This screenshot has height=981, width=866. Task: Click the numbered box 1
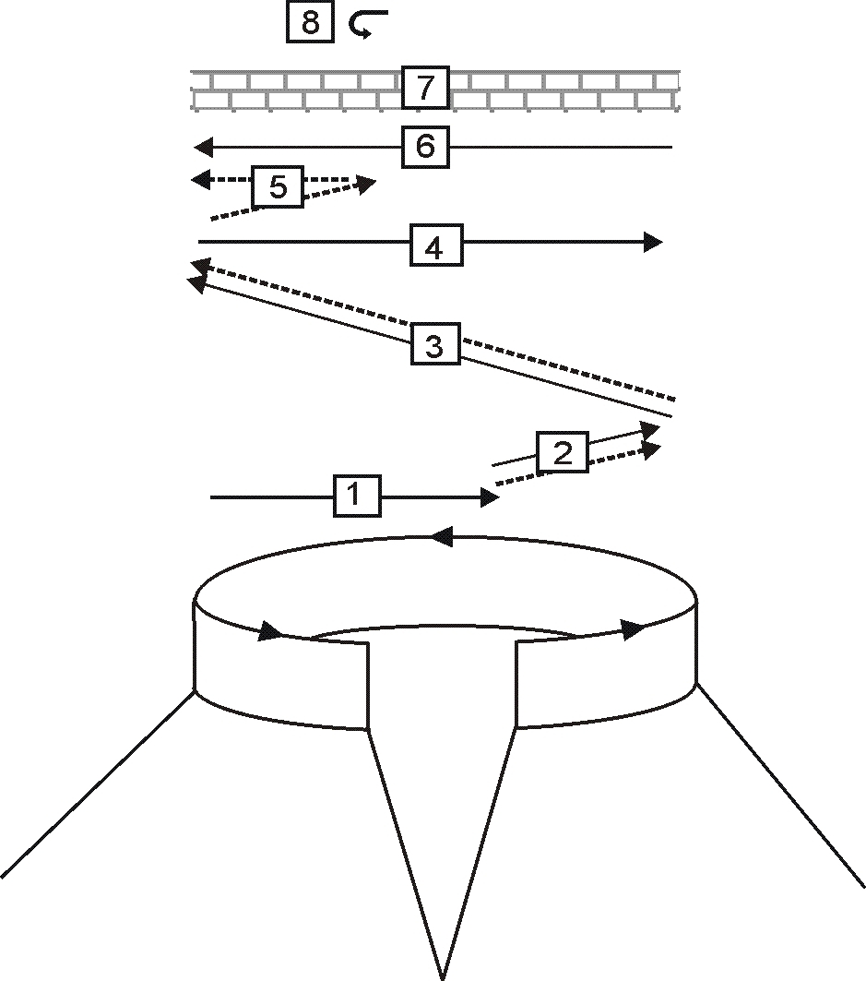pyautogui.click(x=357, y=496)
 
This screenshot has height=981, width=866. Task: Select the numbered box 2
pyautogui.click(x=562, y=452)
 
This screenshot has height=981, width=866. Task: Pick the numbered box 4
pyautogui.click(x=435, y=246)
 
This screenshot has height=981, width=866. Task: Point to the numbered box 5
pyautogui.click(x=278, y=187)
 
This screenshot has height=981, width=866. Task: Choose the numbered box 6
pyautogui.click(x=425, y=147)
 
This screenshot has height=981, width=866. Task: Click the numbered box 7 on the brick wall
pyautogui.click(x=424, y=90)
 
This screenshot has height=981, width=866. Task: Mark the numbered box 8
pyautogui.click(x=310, y=22)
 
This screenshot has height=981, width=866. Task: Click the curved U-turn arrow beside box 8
pyautogui.click(x=368, y=25)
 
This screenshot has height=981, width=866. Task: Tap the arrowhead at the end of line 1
pyautogui.click(x=489, y=497)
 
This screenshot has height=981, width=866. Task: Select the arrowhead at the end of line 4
pyautogui.click(x=653, y=242)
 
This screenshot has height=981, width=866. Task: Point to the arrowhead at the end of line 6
pyautogui.click(x=203, y=146)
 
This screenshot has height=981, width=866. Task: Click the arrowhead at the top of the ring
pyautogui.click(x=441, y=535)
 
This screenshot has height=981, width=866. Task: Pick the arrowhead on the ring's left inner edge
pyautogui.click(x=271, y=632)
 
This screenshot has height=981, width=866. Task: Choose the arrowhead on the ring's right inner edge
pyautogui.click(x=634, y=630)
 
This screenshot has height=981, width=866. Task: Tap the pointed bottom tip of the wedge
pyautogui.click(x=444, y=975)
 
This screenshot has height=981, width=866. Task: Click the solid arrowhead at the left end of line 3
pyautogui.click(x=196, y=284)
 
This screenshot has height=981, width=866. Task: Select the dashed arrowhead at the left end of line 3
pyautogui.click(x=198, y=268)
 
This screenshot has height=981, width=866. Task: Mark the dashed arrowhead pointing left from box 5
pyautogui.click(x=200, y=179)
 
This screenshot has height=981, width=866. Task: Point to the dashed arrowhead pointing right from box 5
pyautogui.click(x=366, y=184)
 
